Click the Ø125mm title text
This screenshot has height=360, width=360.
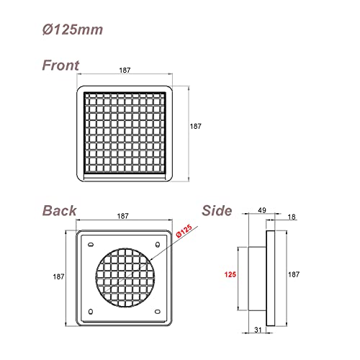point(73,30)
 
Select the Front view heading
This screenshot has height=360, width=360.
point(60,66)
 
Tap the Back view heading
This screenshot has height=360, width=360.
point(60,211)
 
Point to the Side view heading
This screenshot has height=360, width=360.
point(217,211)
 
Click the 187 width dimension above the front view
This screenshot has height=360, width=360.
point(125,71)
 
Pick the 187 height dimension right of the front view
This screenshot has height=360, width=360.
point(196,126)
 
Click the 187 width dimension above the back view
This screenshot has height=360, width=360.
point(123,216)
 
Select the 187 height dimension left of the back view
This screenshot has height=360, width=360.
point(58,276)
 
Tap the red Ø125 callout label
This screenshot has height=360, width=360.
point(184,231)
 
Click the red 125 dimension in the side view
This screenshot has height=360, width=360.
point(230,274)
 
